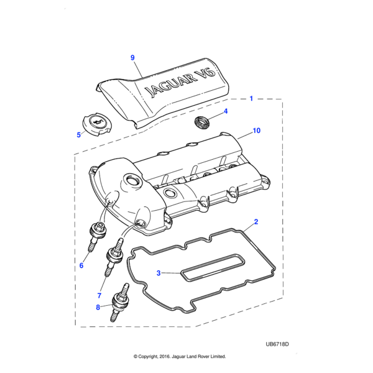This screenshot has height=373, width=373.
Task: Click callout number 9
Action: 132,58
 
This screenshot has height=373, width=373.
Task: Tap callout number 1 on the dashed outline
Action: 251,98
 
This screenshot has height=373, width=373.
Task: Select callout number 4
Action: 226,111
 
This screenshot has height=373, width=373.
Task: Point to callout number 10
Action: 256,131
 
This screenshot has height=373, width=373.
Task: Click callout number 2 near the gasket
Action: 256,222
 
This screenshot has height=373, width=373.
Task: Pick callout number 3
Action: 159,273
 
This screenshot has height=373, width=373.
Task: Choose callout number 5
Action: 79,135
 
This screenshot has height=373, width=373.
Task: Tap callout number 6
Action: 81,265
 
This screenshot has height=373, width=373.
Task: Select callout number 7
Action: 99,295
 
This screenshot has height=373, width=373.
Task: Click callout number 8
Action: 98,307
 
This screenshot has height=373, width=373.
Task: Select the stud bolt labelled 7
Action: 114,257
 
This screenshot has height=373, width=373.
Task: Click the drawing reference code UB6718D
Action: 277,344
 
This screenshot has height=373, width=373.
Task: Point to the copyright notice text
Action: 180,356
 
